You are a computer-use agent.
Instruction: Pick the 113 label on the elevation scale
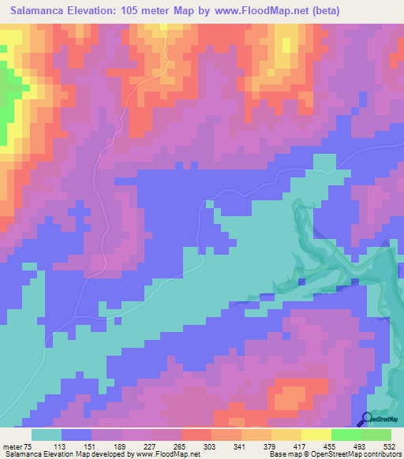click(77, 446)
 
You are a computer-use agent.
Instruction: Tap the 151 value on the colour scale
click(107, 446)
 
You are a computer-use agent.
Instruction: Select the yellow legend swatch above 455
click(316, 435)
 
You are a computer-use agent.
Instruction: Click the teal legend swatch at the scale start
click(47, 435)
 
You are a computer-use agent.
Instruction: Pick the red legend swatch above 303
click(196, 435)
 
